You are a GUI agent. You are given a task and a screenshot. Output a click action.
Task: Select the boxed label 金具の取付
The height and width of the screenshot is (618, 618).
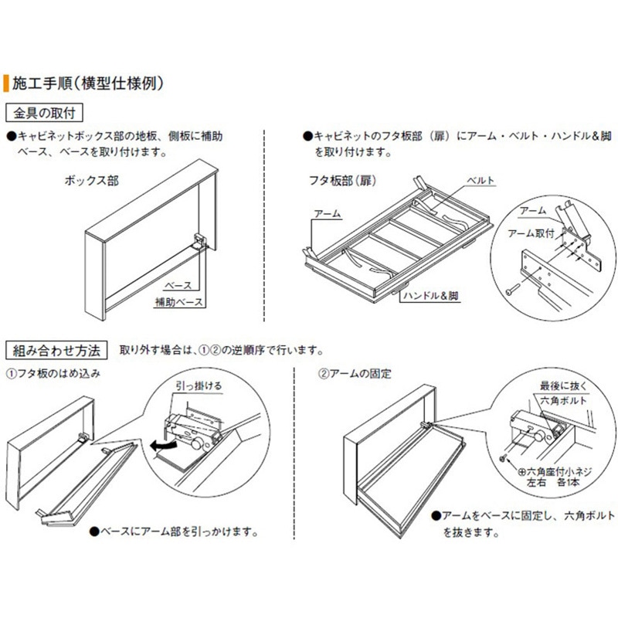click(x=45, y=113)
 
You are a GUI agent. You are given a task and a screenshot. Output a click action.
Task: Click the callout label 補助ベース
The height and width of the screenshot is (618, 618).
click(x=178, y=301)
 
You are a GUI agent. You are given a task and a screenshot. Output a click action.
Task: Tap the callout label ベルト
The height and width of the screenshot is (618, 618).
click(x=480, y=182)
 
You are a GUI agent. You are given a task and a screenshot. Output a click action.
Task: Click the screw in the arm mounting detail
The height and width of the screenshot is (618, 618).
click(x=513, y=291)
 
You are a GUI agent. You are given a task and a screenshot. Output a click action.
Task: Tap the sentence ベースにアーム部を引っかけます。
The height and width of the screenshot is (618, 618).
click(x=178, y=532)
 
